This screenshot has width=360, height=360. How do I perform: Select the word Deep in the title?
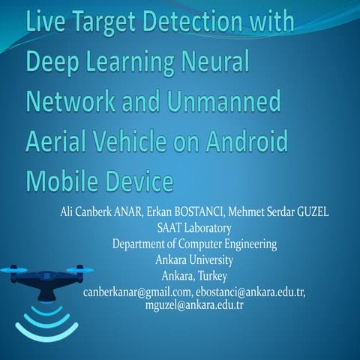click(53, 59)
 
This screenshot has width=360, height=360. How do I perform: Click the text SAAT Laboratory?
click(194, 228)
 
